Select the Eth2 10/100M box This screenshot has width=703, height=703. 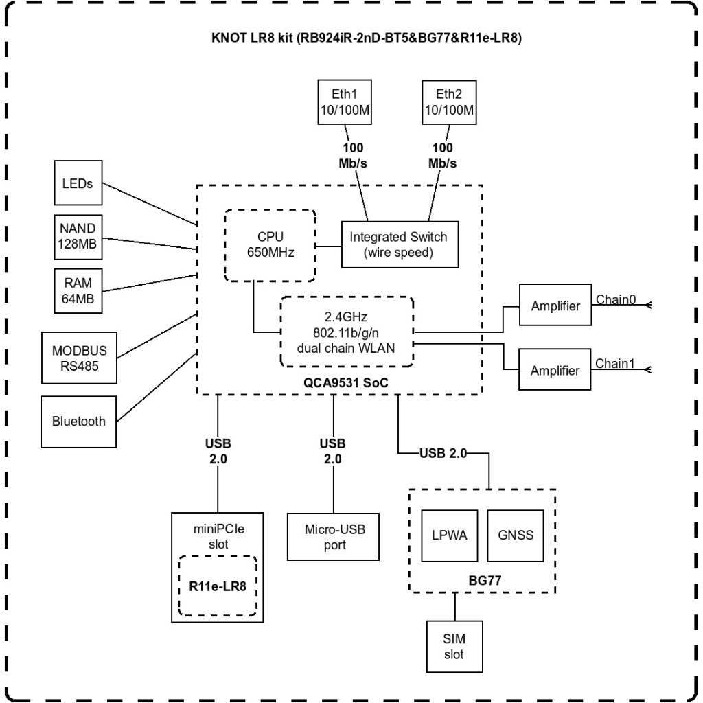pos(444,102)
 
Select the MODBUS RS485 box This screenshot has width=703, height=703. pos(79,357)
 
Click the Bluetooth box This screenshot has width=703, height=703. pos(79,421)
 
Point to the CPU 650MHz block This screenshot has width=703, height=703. pos(270,244)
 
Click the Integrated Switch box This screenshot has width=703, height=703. pos(398,244)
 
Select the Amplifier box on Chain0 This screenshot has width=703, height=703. pos(555,306)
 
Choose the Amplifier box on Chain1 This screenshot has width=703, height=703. pos(555,370)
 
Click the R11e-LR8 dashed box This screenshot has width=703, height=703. pos(217,586)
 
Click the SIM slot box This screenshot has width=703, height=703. pos(454,646)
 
